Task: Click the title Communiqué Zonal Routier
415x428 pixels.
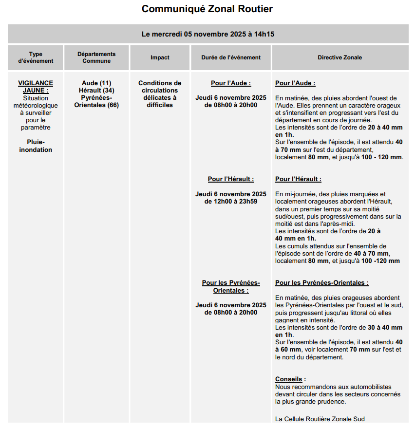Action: click(x=207, y=9)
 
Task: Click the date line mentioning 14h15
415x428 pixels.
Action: click(x=208, y=34)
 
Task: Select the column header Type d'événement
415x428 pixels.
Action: click(x=36, y=57)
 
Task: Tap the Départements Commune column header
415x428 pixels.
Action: click(x=96, y=57)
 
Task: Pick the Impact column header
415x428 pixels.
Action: click(x=160, y=57)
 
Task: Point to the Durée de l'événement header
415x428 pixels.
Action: click(x=231, y=57)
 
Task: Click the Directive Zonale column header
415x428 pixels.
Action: click(x=340, y=57)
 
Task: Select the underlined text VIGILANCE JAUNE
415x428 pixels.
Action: click(x=36, y=87)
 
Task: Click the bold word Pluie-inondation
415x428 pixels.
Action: click(x=36, y=146)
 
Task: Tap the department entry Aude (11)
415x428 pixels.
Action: click(x=96, y=83)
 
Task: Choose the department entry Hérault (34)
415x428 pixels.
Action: click(x=96, y=91)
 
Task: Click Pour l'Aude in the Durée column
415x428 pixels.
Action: click(x=231, y=83)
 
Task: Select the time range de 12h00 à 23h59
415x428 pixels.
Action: click(x=231, y=201)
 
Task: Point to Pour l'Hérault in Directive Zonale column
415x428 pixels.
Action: click(x=298, y=179)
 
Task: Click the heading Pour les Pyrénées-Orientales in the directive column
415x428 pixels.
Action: click(x=321, y=283)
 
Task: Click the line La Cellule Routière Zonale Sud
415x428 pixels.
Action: click(x=320, y=419)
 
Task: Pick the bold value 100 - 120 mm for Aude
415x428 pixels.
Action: click(x=381, y=157)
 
